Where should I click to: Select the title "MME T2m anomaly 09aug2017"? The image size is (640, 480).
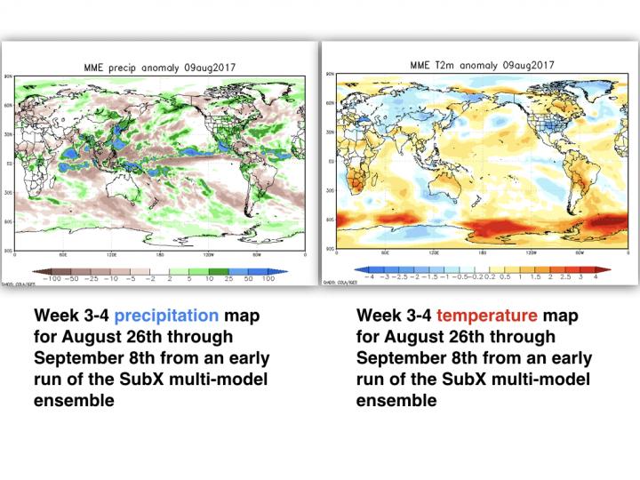click(482, 65)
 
